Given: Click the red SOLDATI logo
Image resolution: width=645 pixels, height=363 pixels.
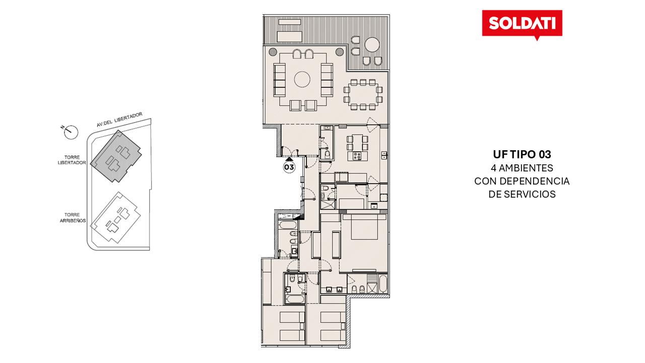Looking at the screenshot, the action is click(522, 24).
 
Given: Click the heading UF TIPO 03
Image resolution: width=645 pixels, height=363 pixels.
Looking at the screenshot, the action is click(522, 154).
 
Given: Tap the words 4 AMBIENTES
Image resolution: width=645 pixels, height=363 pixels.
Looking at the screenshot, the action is click(522, 168).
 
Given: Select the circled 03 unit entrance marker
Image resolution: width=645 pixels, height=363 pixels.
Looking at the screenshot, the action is click(289, 167).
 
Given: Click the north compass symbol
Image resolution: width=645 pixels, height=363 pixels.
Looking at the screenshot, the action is click(70, 133).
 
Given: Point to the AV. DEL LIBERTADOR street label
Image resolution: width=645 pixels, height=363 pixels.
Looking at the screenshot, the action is click(119, 119).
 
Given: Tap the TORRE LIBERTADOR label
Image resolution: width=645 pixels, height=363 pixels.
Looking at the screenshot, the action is click(72, 160).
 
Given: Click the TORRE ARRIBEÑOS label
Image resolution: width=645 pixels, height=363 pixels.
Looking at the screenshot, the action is click(73, 218).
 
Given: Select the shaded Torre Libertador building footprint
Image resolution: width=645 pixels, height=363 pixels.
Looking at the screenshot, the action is click(116, 156).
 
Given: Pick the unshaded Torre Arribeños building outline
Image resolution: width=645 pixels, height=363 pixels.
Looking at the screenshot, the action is click(115, 218).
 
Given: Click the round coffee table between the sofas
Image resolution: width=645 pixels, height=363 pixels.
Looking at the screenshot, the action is click(302, 79).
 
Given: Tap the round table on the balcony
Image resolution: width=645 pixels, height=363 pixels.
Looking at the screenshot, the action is click(372, 45).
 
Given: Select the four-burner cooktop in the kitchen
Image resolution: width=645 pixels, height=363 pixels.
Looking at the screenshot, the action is click(357, 156).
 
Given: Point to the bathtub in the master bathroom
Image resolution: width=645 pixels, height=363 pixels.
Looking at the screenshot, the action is click(383, 284).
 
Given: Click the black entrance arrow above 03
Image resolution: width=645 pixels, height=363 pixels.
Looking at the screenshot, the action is click(289, 159).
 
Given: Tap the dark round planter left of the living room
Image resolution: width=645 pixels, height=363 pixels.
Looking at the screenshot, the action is click(273, 52).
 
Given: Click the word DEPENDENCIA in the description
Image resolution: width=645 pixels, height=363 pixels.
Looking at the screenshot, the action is click(535, 181).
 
